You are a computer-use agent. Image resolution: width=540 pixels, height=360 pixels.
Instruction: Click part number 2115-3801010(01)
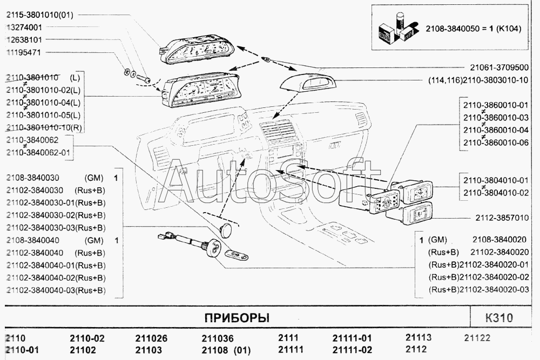click(39, 15)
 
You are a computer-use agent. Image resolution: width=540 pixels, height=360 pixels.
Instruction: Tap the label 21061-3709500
click(500, 67)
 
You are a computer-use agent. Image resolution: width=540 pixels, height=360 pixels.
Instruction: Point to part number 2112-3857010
click(502, 218)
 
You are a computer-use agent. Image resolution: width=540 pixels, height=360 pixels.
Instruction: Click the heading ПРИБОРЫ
click(237, 318)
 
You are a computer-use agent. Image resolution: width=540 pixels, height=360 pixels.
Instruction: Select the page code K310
click(499, 317)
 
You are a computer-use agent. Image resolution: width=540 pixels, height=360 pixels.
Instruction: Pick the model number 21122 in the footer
click(477, 338)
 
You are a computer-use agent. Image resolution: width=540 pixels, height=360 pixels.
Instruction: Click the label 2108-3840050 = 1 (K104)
click(473, 29)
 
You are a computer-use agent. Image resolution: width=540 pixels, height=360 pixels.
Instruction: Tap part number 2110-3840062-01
click(38, 152)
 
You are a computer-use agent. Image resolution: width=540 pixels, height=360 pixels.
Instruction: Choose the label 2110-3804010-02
click(496, 193)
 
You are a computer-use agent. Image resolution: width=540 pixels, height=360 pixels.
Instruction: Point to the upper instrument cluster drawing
click(197, 49)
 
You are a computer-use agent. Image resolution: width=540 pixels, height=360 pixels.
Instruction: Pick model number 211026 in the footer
click(151, 338)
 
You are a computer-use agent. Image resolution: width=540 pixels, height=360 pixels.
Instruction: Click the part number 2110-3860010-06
click(496, 142)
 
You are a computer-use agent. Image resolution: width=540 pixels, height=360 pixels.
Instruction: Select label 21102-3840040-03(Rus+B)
click(56, 290)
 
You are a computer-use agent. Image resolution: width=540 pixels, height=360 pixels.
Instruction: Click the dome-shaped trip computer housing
click(307, 80)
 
